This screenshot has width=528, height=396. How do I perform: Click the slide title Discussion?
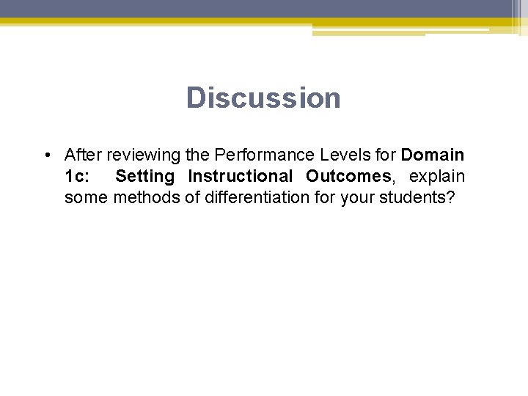point(263,98)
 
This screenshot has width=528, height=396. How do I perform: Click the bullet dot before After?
point(46,155)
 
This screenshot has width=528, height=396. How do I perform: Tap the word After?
point(83,155)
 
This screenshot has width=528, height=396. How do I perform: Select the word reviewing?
point(143,155)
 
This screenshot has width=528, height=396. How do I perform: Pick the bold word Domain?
point(433,155)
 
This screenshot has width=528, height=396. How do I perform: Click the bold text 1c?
point(77,177)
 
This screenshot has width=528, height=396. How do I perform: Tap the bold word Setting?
point(144,177)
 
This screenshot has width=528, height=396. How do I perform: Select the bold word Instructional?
point(240,177)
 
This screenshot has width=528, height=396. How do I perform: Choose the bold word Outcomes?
point(349,177)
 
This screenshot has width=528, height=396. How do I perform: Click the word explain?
point(437,177)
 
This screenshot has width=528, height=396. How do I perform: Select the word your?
point(356,198)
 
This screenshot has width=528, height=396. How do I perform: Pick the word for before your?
point(327,198)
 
